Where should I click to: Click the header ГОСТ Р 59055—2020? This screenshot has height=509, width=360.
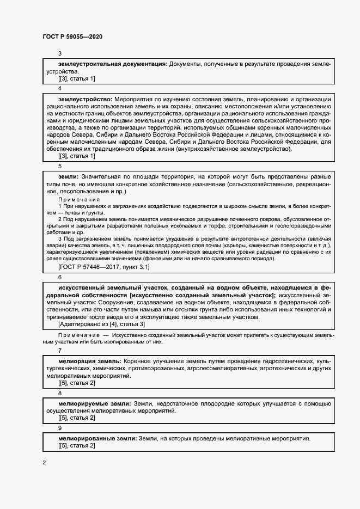point(72,36)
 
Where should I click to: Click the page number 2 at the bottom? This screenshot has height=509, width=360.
point(45,463)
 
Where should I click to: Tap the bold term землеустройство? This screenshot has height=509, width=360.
point(85,100)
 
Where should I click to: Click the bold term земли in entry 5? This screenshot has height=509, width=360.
point(68,177)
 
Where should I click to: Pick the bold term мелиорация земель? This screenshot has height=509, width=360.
point(89,361)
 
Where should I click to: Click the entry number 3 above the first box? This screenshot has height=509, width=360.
point(60,53)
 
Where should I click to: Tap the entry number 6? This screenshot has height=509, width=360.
point(60,277)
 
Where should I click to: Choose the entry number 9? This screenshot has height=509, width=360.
point(60,428)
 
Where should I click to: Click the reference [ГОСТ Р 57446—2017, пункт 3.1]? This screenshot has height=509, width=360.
point(103,267)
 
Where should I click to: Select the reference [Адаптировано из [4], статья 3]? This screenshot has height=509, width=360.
point(101,324)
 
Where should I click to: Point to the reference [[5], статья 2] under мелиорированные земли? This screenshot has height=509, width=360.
point(76,446)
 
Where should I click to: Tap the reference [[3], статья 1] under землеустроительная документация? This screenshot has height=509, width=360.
point(76,78)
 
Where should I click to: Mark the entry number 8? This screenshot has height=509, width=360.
point(60,393)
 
